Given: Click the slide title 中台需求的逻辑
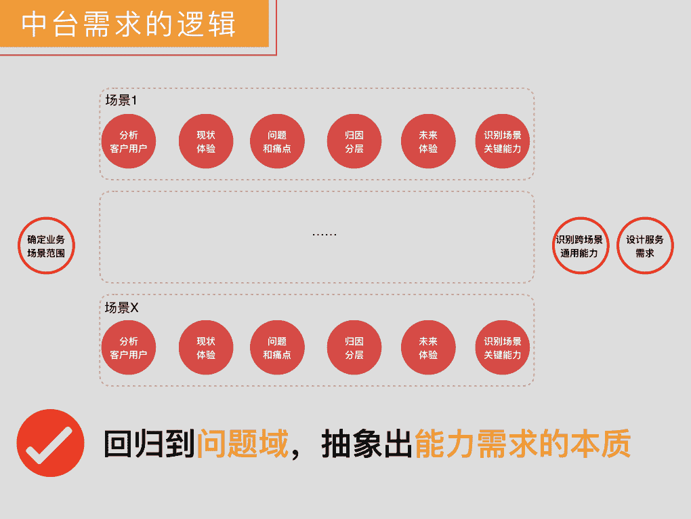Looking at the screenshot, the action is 129,24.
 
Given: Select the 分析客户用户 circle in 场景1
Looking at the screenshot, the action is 128,141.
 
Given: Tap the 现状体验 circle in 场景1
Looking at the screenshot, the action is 206,141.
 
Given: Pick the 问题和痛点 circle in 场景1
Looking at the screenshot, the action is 277,141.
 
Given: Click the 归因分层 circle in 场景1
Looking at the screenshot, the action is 354,141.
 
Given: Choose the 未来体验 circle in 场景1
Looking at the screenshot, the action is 428,141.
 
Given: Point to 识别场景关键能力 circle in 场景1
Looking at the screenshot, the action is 502,141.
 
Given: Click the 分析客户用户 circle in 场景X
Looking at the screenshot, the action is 128,347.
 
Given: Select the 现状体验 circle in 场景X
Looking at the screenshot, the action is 206,347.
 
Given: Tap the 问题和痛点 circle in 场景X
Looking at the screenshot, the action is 277,347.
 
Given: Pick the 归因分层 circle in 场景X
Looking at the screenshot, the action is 354,347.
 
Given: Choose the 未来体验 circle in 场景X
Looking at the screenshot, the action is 428,347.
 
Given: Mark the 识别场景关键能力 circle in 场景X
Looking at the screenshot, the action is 502,347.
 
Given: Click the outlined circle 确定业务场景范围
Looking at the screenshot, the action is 46,246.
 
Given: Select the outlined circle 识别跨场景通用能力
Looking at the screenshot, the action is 580,246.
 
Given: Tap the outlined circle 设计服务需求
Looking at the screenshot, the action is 645,246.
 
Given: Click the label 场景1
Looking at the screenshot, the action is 121,100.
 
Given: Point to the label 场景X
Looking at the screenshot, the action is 122,307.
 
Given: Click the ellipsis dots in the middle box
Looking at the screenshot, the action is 324,235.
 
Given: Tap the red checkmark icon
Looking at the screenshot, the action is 50,443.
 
